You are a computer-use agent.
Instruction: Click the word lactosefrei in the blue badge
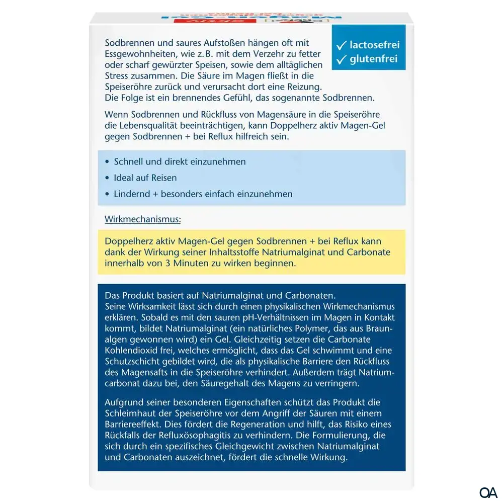[x=375, y=45]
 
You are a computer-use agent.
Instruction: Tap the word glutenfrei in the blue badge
[x=374, y=59]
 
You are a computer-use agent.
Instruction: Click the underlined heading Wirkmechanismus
[x=143, y=219]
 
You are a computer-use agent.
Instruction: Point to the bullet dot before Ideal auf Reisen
[x=108, y=178]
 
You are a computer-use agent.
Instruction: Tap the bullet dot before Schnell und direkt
[x=108, y=162]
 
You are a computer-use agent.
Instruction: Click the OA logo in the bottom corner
[x=488, y=492]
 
